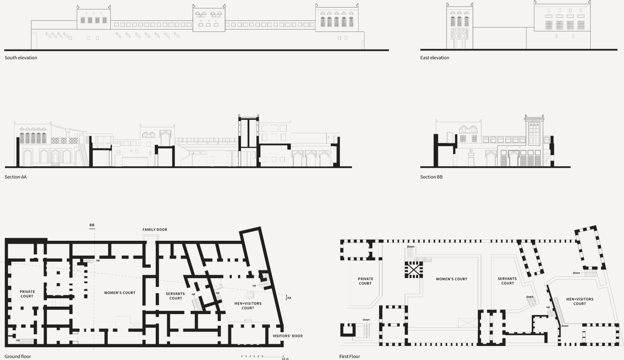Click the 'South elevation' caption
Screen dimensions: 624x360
21,58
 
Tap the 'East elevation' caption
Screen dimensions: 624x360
435,58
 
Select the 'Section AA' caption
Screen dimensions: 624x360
16,177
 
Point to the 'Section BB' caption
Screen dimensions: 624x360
431,177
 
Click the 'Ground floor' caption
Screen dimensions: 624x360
18,356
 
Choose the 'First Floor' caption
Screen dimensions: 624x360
350,356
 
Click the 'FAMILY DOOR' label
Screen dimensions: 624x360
155,230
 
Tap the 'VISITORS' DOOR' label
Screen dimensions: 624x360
288,336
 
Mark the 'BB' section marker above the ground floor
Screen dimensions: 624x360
92,225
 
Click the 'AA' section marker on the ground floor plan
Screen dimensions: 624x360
289,298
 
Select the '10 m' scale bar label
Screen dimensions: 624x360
285,359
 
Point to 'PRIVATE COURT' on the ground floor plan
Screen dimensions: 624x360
27,294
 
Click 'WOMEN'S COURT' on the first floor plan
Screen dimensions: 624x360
451,279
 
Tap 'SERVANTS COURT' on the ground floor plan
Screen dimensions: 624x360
175,296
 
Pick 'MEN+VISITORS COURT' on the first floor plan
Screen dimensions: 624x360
580,301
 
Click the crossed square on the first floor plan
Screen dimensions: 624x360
413,270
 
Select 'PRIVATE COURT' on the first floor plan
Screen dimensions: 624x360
365,281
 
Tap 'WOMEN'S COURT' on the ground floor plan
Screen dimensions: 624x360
120,293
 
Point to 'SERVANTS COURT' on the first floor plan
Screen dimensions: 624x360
507,281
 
